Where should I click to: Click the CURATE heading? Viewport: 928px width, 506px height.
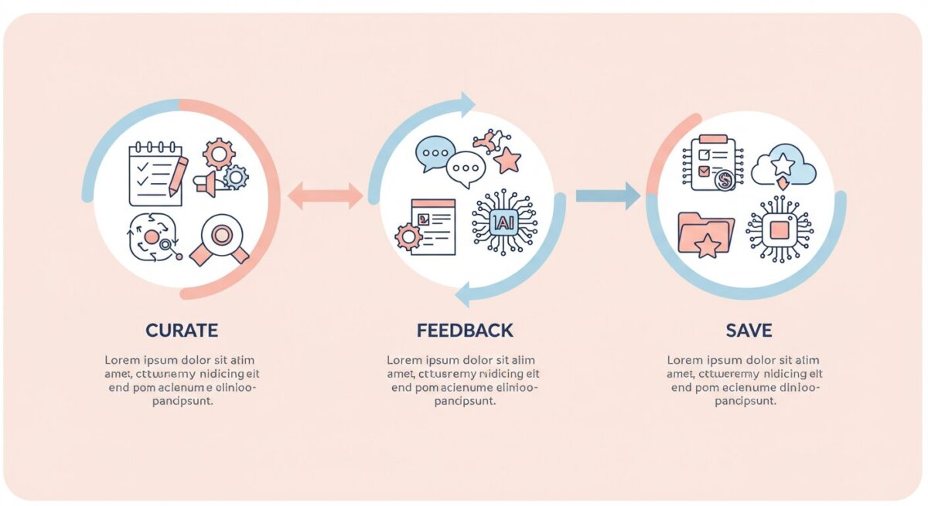[182, 331]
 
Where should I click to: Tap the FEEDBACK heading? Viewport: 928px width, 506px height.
[464, 331]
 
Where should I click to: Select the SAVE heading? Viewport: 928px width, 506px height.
[749, 331]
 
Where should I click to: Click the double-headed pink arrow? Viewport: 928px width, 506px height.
[325, 196]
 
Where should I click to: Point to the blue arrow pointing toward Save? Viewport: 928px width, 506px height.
[608, 196]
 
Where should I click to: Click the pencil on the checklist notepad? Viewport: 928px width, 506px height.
[178, 175]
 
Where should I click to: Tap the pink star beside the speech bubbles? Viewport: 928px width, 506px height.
[508, 161]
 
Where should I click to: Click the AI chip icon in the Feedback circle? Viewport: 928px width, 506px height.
[503, 223]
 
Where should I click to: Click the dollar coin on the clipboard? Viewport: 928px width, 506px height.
[725, 181]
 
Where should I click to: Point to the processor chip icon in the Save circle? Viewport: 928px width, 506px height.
[780, 229]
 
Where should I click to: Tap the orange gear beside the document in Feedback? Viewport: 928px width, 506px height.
[408, 236]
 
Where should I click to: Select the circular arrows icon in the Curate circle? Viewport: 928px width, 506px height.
[153, 237]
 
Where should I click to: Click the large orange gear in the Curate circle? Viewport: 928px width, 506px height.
[219, 154]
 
